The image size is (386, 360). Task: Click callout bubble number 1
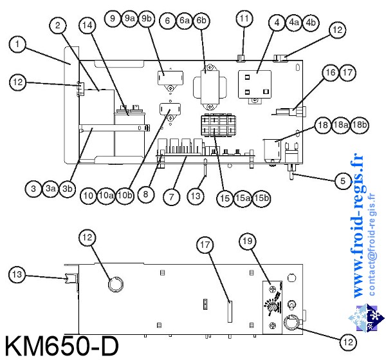pos(17,44)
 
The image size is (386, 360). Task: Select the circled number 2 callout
pos(58,26)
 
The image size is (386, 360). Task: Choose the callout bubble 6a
pos(185,21)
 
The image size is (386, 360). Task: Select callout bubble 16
pos(329,73)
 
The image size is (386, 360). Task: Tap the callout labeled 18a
pos(341,126)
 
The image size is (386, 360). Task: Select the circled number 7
pos(171,198)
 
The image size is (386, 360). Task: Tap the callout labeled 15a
pos(243,198)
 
